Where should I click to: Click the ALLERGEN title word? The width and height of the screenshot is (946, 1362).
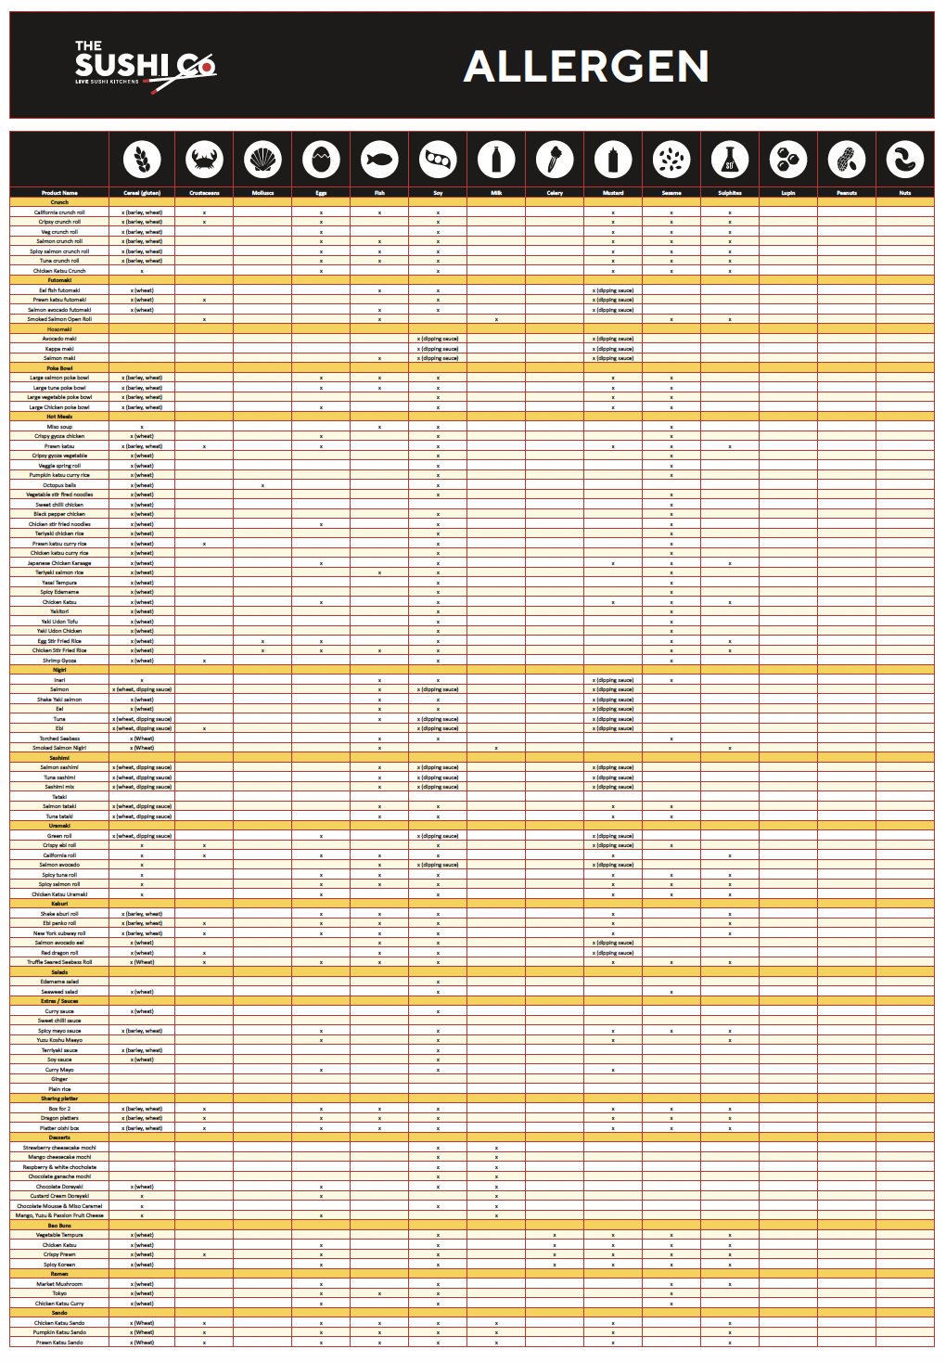[586, 67]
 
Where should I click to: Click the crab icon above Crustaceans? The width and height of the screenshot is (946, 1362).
[204, 160]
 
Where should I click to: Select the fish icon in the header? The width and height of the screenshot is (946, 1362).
[379, 160]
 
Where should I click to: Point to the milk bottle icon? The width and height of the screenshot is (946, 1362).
[496, 160]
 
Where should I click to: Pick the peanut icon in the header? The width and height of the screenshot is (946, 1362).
[846, 160]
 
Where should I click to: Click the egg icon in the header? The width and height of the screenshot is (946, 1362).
[321, 160]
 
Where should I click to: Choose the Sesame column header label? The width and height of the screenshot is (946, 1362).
[671, 193]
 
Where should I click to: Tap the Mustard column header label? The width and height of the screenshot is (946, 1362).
[613, 193]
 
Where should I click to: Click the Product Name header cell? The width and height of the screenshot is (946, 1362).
[59, 193]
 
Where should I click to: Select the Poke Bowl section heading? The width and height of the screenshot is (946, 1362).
[59, 368]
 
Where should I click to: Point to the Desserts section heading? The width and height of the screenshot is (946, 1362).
[59, 1137]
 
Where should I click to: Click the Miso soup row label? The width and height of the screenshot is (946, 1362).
[59, 427]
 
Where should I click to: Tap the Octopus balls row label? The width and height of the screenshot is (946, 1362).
[59, 485]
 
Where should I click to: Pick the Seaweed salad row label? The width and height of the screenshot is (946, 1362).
[59, 992]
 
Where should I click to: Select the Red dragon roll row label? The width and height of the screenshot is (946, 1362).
[59, 953]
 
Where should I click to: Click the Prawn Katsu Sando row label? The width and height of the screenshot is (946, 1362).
[59, 1342]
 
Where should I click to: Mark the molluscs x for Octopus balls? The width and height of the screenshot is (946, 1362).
[262, 485]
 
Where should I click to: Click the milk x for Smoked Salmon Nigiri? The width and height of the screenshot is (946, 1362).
[496, 748]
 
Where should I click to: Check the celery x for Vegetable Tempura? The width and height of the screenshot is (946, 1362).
[555, 1235]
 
